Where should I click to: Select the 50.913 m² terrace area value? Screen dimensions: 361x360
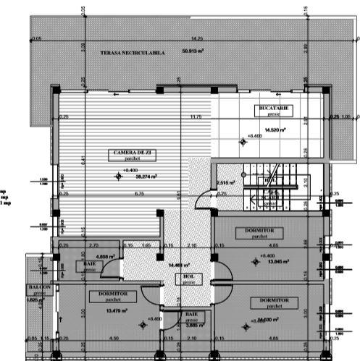click(193, 51)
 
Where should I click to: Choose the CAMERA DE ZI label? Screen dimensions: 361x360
click(132, 153)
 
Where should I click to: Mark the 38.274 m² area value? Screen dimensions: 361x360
click(145, 175)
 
